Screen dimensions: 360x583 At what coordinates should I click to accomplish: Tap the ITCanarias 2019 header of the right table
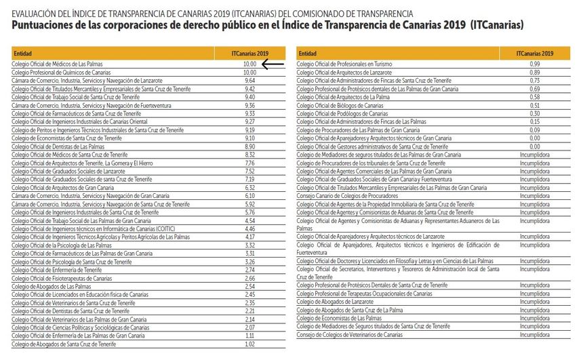[x=534, y=53]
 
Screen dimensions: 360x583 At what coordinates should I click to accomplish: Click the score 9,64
[x=249, y=80]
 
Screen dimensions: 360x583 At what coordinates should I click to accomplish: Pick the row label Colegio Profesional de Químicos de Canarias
[x=61, y=72]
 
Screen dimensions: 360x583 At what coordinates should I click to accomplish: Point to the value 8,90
[x=249, y=146]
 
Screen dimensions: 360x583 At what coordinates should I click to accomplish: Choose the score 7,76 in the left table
[x=249, y=163]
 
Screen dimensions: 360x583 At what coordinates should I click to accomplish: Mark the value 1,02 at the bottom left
[x=249, y=344]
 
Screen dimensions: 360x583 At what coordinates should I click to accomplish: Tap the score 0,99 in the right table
[x=534, y=64]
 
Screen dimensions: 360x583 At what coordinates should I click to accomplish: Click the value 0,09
[x=534, y=130]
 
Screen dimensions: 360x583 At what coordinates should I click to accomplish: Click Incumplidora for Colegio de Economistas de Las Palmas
[x=534, y=318]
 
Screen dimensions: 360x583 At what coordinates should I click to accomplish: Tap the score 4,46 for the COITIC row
[x=249, y=228]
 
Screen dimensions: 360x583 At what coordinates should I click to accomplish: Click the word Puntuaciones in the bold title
[x=45, y=26]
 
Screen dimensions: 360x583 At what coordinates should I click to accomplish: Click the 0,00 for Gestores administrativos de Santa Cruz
[x=534, y=146]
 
